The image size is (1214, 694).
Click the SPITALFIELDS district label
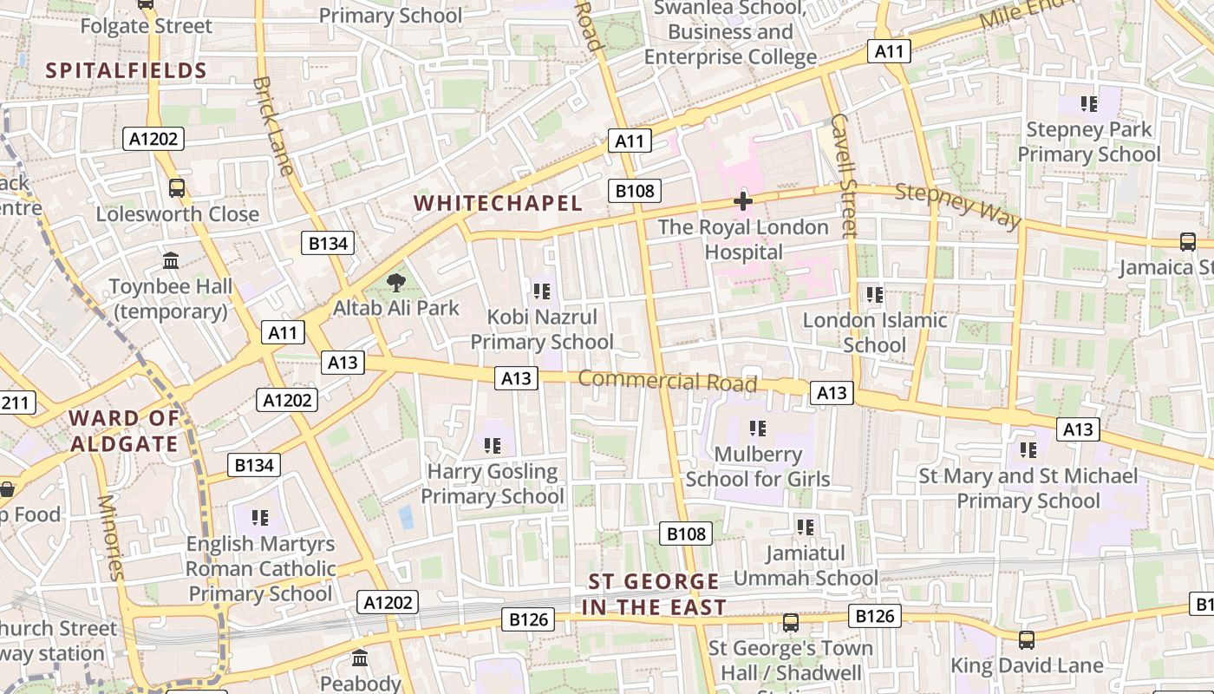coord(126,71)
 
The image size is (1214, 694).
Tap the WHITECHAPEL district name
coord(498,203)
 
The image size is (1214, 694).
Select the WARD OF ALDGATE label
coord(124,431)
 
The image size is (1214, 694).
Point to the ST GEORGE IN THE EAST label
coord(654,594)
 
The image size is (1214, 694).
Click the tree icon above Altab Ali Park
coord(396,282)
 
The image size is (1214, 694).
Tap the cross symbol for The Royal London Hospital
coord(743,201)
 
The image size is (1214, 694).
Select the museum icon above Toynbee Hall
coord(171,260)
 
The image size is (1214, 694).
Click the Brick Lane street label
coord(272,127)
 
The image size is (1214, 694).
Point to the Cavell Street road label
coord(843,174)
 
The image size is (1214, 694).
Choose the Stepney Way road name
coord(957,205)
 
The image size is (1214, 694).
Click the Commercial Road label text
coord(667,381)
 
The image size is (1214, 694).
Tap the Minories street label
coord(112,537)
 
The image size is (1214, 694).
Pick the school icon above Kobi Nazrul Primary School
coord(542,291)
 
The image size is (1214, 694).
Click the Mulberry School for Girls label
coord(758,467)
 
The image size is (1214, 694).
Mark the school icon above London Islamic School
coord(875,294)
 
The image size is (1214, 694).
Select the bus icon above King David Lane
coord(1027,640)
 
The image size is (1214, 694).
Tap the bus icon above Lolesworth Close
coord(177,187)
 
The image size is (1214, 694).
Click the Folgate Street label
coord(146,26)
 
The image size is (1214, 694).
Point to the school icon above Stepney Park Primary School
coord(1089,104)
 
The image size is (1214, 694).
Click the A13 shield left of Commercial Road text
coord(516,378)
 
